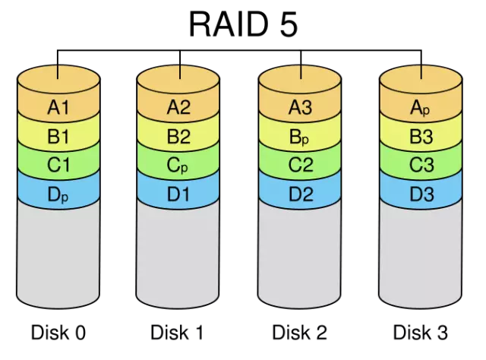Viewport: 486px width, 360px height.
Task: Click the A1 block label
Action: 58,108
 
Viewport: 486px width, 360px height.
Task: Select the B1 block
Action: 58,137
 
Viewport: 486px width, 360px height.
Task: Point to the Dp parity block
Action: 58,194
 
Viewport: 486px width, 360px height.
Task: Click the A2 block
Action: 178,108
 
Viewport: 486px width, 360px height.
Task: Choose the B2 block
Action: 178,137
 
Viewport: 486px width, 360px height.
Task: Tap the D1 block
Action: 178,194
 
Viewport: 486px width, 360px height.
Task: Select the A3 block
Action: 300,108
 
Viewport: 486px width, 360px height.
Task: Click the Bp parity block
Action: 300,137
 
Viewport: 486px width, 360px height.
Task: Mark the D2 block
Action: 300,194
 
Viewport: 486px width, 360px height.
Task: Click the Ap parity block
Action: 420,108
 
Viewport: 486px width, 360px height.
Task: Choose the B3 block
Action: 420,137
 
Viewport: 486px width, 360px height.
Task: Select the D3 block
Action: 420,194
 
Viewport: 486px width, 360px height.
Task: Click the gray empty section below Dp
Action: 58,254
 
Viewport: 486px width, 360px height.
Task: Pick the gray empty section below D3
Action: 420,254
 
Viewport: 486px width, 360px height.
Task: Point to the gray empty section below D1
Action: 178,254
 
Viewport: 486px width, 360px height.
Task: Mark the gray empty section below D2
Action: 300,254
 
